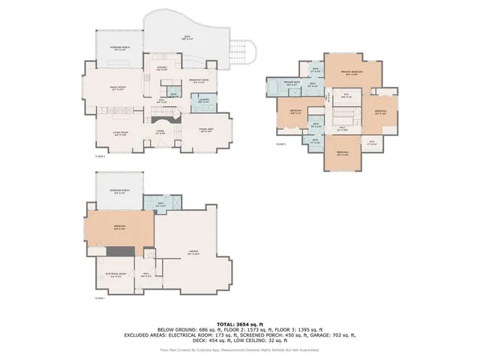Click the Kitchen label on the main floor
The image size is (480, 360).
click(160, 68)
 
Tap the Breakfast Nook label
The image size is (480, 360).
click(199, 81)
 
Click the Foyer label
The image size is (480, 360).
click(160, 133)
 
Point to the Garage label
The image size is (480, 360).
click(193, 253)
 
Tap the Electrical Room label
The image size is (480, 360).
click(115, 276)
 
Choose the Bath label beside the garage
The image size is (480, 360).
click(160, 203)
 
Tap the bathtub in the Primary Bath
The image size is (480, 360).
click(271, 87)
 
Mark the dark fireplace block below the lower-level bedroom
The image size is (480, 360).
click(128, 250)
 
